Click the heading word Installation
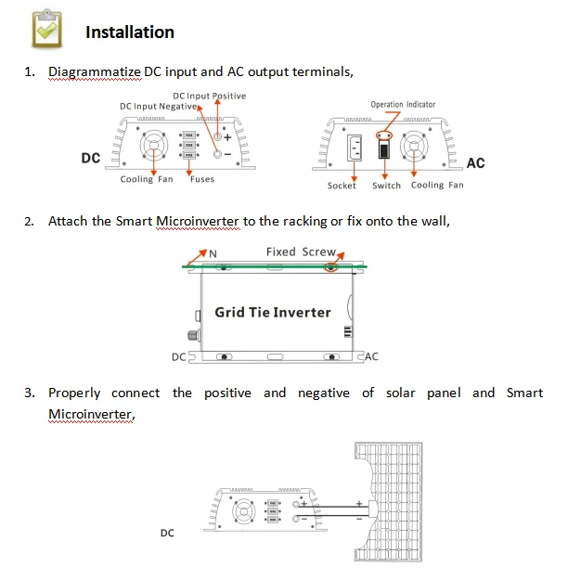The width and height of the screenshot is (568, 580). pyautogui.click(x=129, y=32)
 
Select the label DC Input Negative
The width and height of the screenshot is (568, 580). pyautogui.click(x=158, y=107)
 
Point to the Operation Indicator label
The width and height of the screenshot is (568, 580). pyautogui.click(x=403, y=105)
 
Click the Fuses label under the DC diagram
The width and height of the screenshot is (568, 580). pyautogui.click(x=201, y=180)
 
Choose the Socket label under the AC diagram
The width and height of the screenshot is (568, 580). pyautogui.click(x=342, y=186)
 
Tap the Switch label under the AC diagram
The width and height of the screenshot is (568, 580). pyautogui.click(x=386, y=186)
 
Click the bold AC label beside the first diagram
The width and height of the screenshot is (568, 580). pyautogui.click(x=475, y=163)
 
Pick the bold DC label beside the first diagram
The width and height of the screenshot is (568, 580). pyautogui.click(x=90, y=159)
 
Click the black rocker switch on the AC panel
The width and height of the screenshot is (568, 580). pyautogui.click(x=380, y=148)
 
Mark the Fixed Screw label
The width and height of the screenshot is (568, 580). pyautogui.click(x=300, y=251)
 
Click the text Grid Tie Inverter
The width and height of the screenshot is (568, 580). pyautogui.click(x=272, y=312)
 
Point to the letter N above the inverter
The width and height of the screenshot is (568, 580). pyautogui.click(x=213, y=253)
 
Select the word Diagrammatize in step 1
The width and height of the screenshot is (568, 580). pyautogui.click(x=94, y=71)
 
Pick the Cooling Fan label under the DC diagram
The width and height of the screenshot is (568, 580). pyautogui.click(x=147, y=180)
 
